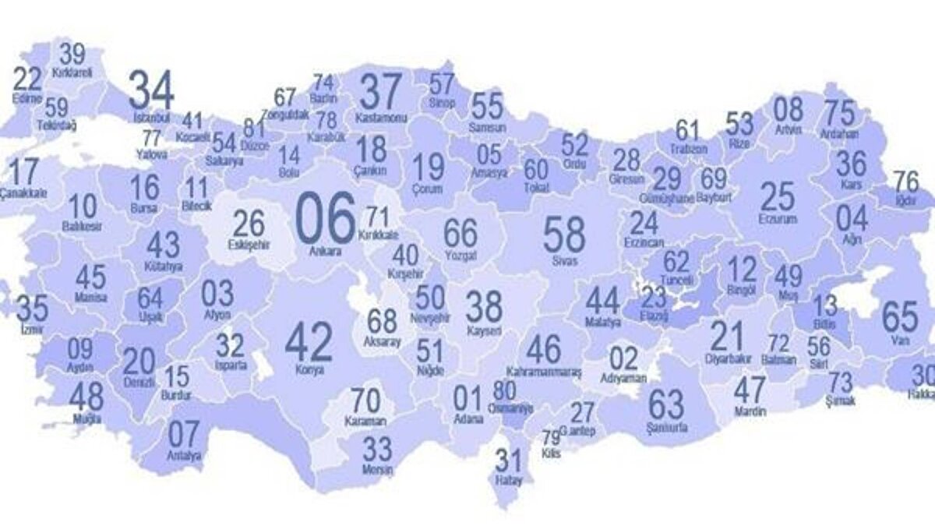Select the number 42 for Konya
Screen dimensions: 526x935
click(309, 341)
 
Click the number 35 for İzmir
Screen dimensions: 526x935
click(32, 309)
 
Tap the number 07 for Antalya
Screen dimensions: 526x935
click(184, 434)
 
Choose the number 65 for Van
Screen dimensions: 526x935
click(900, 317)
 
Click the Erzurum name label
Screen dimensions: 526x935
click(777, 220)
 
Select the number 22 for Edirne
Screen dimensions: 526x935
click(28, 79)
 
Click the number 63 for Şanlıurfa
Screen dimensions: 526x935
click(666, 404)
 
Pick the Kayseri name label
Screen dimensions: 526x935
click(483, 330)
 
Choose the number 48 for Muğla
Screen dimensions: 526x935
click(86, 397)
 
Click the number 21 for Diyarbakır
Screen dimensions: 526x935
click(727, 336)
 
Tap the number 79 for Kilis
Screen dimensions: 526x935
click(551, 436)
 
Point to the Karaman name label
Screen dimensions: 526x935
click(365, 421)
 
